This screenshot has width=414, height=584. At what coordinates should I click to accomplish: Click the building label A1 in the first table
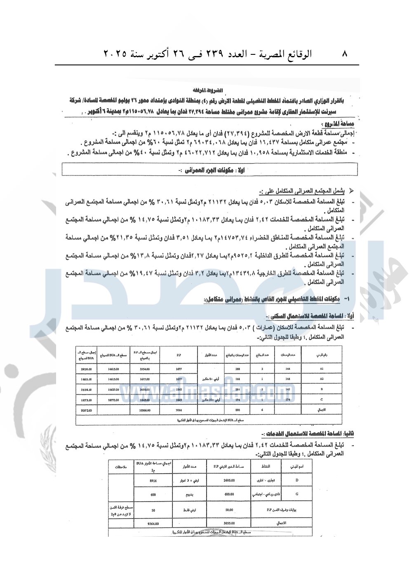pyautogui.click(x=322, y=369)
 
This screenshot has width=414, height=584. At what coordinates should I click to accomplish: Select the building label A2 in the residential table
pyautogui.click(x=322, y=379)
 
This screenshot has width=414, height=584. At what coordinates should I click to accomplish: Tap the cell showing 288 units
pyautogui.click(x=238, y=369)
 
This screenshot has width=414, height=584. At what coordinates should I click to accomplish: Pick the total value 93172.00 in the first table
pyautogui.click(x=86, y=410)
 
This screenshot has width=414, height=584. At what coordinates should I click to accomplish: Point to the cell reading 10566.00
pyautogui.click(x=144, y=410)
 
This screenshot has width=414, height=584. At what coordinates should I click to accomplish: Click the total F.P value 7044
pyautogui.click(x=179, y=410)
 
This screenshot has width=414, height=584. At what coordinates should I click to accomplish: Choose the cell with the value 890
pyautogui.click(x=238, y=410)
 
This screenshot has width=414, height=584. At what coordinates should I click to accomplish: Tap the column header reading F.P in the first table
pyautogui.click(x=179, y=355)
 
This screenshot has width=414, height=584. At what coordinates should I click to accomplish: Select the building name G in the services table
pyautogui.click(x=297, y=494)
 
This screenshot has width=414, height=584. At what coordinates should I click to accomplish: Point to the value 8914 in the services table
pyautogui.click(x=153, y=481)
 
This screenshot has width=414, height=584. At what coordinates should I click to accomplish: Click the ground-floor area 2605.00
pyautogui.click(x=229, y=481)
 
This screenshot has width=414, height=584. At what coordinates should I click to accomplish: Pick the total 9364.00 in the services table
pyautogui.click(x=153, y=523)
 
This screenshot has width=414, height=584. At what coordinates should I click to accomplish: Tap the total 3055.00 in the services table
pyautogui.click(x=229, y=523)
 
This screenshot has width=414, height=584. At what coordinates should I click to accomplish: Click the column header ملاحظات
pyautogui.click(x=121, y=467)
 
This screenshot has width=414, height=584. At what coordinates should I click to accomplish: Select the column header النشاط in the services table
pyautogui.click(x=266, y=467)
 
